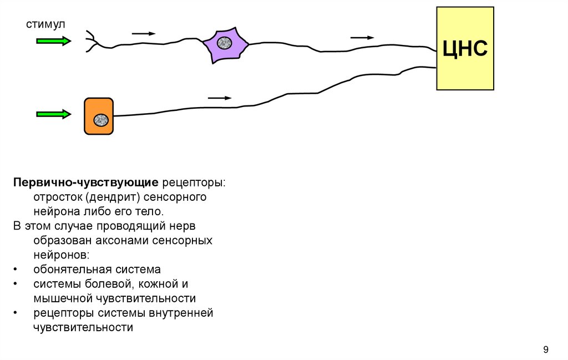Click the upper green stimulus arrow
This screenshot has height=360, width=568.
(53, 40)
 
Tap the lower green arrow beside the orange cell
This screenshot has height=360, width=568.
(53, 114)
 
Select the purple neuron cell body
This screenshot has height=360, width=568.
(225, 44)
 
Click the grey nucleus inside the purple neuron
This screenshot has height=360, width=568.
(225, 43)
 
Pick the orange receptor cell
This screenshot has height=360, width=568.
(99, 116)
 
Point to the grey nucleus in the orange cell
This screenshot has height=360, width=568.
(100, 119)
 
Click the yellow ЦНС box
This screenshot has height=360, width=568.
(465, 48)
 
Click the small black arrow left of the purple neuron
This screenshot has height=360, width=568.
(143, 34)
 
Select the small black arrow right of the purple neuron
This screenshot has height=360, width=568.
(362, 38)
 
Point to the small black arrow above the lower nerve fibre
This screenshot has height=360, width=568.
(219, 98)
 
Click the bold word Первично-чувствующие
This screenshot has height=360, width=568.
(87, 182)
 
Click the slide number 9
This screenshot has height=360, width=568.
(546, 349)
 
